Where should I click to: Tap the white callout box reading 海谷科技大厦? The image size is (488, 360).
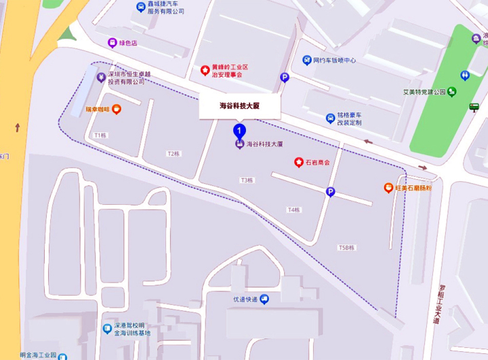click(x=239, y=106)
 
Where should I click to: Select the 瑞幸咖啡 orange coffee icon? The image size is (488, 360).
click(x=117, y=108)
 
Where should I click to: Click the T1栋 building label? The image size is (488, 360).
click(x=101, y=135)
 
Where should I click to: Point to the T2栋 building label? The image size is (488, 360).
click(x=174, y=153)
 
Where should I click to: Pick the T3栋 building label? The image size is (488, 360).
click(x=247, y=180)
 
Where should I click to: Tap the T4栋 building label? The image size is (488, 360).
click(x=293, y=209)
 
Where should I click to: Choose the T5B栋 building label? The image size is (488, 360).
click(x=346, y=248)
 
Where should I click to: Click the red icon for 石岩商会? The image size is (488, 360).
click(x=298, y=162)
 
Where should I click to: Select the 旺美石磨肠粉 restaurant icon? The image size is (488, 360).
click(x=388, y=188)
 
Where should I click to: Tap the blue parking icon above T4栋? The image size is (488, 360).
click(x=330, y=192)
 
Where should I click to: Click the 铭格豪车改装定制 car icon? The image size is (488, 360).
click(x=330, y=119)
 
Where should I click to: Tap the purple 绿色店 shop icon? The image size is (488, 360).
click(x=112, y=43)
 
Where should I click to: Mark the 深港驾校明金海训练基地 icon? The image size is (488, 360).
click(x=107, y=329)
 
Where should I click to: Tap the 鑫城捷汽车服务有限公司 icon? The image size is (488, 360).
click(x=140, y=7)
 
